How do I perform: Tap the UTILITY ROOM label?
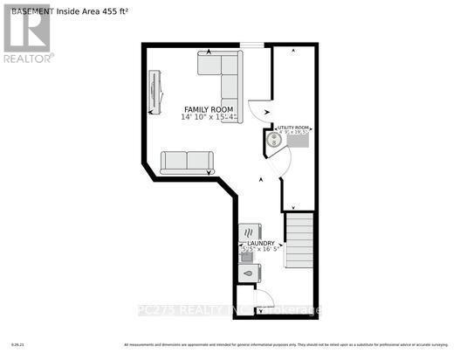point(294,128)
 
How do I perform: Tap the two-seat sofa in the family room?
point(187,161)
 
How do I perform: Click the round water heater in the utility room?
point(273,140)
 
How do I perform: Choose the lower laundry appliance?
point(247,273)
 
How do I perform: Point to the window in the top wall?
point(252,45)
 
